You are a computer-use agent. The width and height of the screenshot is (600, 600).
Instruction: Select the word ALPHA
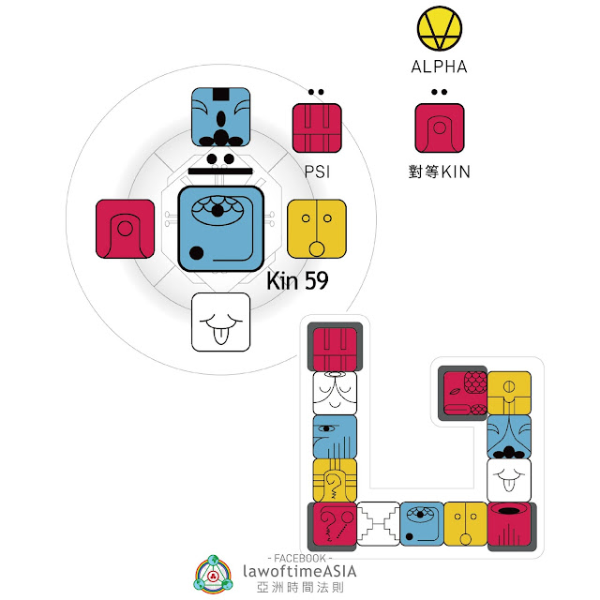[x=439, y=67]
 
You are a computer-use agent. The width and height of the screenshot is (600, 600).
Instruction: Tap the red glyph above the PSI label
[x=317, y=128]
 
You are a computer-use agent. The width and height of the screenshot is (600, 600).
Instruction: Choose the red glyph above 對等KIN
[x=439, y=128]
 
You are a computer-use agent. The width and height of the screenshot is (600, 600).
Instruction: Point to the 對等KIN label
[x=441, y=172]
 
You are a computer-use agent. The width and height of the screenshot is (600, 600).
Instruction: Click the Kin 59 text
[x=297, y=280]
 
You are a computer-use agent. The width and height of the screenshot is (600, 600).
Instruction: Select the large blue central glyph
[x=219, y=229]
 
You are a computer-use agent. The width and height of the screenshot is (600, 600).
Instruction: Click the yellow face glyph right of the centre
[x=317, y=229]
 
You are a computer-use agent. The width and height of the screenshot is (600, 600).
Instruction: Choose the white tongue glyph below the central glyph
[x=220, y=322]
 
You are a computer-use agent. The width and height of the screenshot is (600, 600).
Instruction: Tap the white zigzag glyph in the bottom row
[x=378, y=524]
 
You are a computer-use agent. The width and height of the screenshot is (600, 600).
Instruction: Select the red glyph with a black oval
[x=510, y=524]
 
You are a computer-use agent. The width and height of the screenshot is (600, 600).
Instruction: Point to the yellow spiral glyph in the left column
[x=335, y=480]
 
